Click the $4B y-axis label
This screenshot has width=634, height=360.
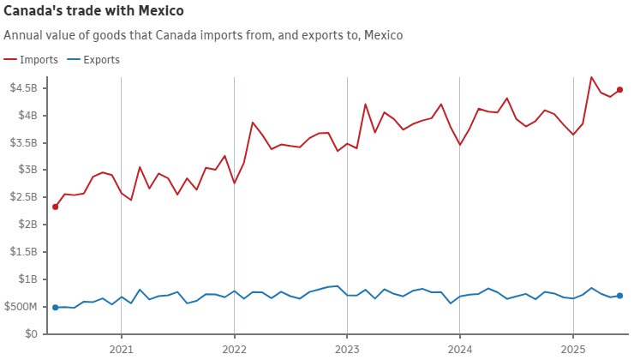coord(26,116)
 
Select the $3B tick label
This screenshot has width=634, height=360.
coord(26,170)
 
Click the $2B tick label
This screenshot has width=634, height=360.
coord(26,225)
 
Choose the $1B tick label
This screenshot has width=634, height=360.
coord(26,279)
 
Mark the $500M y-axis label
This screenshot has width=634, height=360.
coord(21,307)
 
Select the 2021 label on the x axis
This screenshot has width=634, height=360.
coord(121,350)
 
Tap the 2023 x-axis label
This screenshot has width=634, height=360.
coord(346,350)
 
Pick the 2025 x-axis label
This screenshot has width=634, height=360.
coord(571,350)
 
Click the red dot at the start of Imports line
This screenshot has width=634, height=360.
coord(55,207)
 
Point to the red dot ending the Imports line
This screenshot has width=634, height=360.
coord(619,90)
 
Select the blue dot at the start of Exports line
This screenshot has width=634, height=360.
coord(55,307)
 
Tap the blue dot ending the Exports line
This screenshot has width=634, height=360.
coord(619,296)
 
